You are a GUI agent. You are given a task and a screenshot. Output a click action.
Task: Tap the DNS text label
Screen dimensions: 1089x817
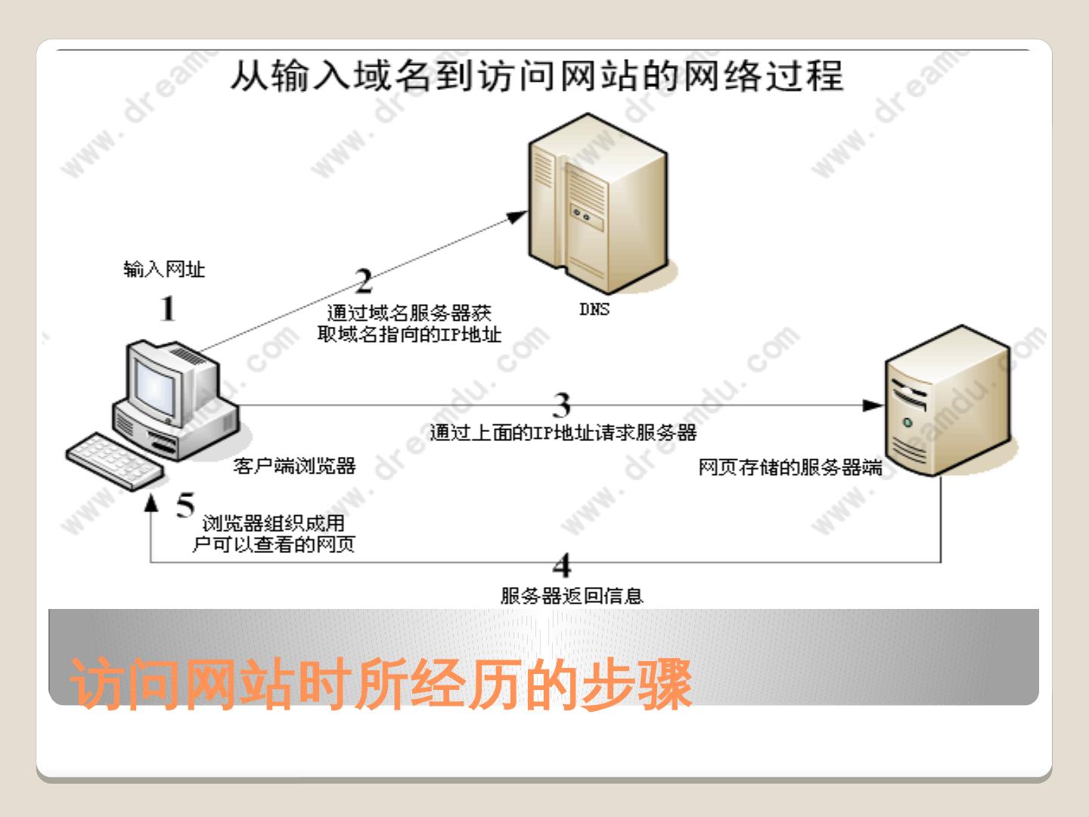click(594, 309)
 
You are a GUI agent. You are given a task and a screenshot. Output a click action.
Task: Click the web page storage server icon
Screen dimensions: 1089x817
click(948, 401)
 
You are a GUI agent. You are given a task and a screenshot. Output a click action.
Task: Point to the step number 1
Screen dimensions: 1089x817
click(168, 309)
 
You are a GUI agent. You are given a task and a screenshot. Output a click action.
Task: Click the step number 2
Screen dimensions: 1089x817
click(364, 282)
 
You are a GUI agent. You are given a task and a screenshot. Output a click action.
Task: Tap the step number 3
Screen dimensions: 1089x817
click(561, 405)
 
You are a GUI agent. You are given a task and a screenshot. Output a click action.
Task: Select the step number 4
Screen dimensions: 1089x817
click(561, 565)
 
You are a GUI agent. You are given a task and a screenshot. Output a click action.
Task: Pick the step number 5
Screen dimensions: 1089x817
click(185, 505)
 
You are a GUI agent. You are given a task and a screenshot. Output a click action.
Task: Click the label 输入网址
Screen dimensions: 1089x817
click(164, 269)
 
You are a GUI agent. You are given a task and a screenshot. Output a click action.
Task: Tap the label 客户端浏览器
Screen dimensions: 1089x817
click(294, 466)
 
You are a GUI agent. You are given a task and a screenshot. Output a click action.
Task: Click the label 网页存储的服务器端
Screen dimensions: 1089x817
click(790, 468)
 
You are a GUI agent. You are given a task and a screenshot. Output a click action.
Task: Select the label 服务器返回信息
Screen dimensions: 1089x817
click(572, 596)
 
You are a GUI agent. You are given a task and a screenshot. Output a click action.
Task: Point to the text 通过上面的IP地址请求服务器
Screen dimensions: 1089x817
click(563, 433)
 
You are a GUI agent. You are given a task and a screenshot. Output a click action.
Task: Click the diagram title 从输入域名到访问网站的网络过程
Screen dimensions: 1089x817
click(536, 76)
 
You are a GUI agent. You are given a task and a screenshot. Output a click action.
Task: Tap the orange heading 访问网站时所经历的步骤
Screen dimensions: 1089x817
click(381, 685)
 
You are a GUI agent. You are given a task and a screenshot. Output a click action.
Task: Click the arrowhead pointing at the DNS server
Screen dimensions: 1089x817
click(518, 216)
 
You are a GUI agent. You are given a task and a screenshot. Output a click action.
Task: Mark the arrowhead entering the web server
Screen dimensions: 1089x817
click(873, 405)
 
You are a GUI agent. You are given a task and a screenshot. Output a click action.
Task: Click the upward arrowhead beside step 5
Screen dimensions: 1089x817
click(152, 502)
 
